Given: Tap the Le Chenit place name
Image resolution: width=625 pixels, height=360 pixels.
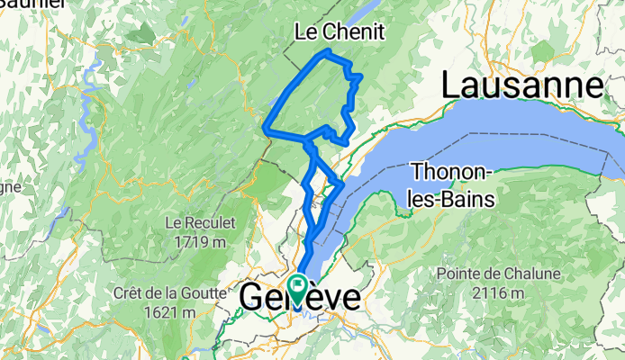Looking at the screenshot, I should click(340, 32).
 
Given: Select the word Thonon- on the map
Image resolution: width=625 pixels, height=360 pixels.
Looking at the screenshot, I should click(449, 171).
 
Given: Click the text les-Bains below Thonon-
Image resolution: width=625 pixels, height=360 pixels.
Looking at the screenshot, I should click(450, 198).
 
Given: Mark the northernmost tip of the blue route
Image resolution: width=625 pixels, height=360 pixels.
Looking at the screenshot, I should click(327, 50).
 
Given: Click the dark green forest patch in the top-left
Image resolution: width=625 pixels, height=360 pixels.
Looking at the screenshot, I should click(140, 34).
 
